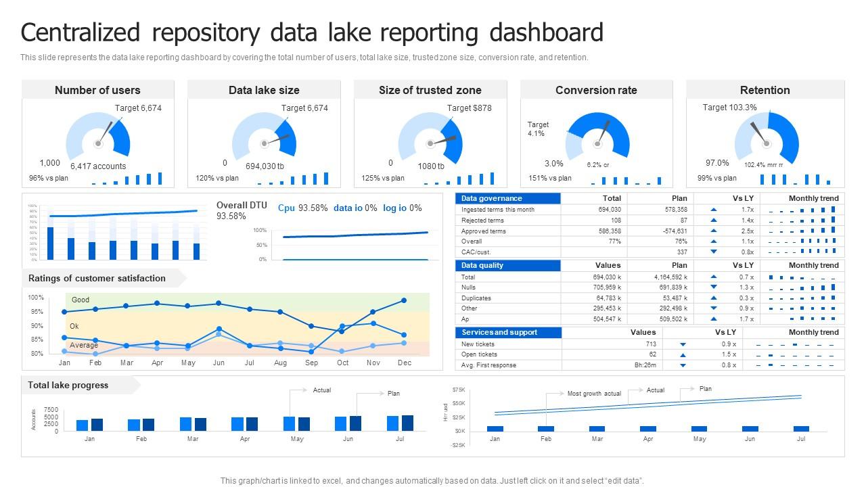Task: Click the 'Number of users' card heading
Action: coord(97,90)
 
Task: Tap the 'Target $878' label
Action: coord(469,108)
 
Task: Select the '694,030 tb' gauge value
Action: coord(265,166)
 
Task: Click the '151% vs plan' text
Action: coord(549,179)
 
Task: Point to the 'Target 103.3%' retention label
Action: coord(729,108)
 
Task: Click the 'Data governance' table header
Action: coord(491,198)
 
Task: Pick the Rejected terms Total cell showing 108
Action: coord(616,221)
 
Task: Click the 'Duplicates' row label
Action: coord(476,298)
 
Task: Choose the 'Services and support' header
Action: coord(499,333)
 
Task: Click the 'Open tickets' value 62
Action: coord(652,354)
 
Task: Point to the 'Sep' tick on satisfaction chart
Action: coord(311,363)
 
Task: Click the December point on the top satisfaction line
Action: coord(404,300)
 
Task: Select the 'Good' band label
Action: coord(81,300)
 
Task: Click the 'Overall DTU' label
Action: coord(242,206)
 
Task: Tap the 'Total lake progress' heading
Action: coord(68,386)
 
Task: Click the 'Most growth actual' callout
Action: coord(593,394)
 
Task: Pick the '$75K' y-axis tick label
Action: coord(459,390)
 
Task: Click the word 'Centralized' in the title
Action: coord(81,32)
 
